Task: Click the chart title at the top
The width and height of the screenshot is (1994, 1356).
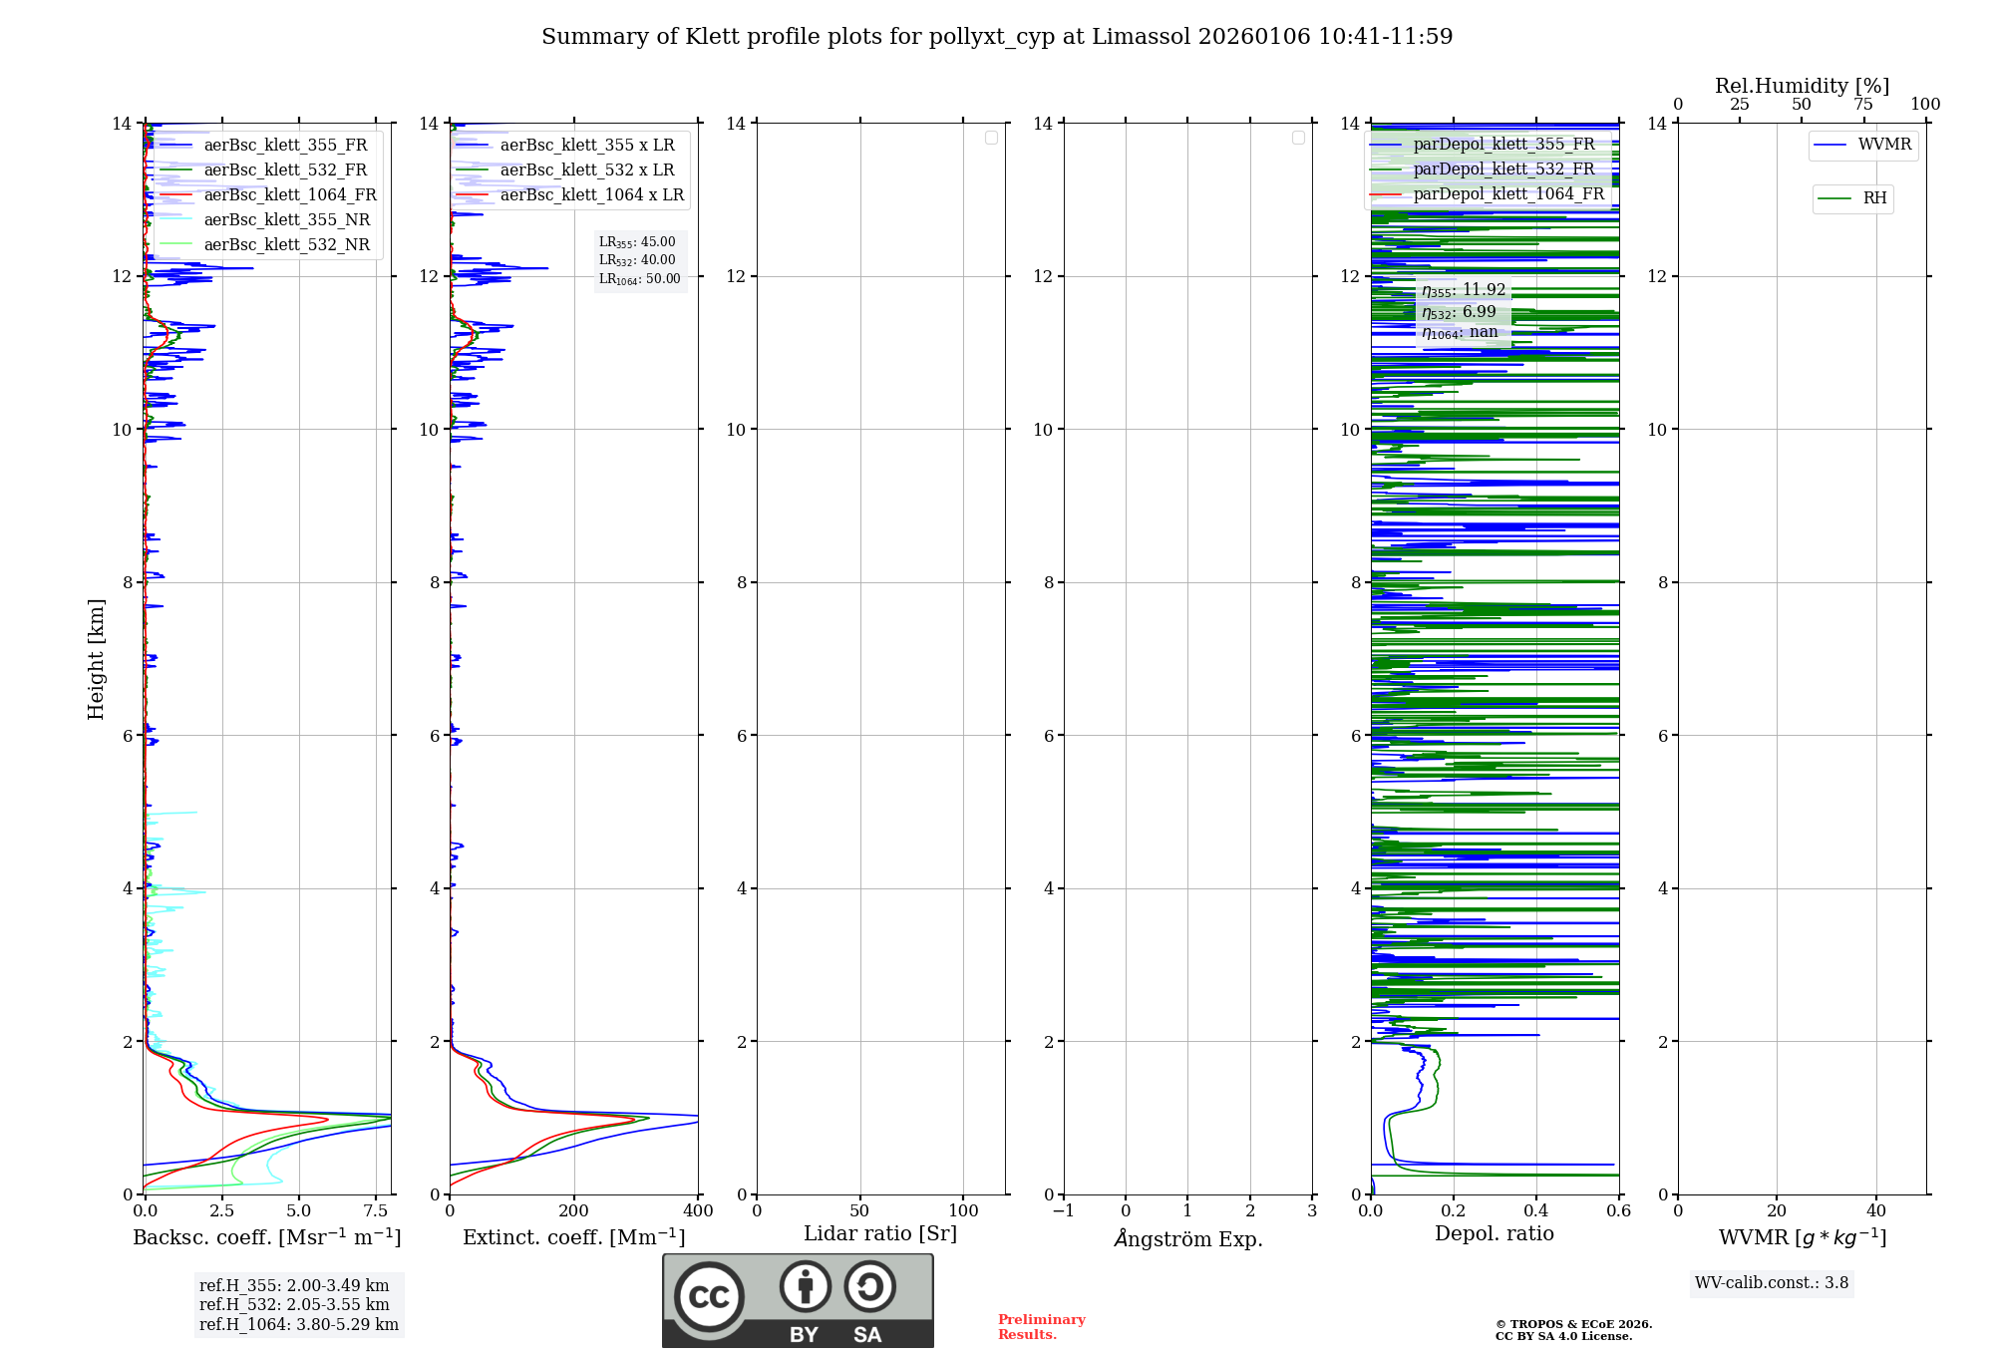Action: pos(997,37)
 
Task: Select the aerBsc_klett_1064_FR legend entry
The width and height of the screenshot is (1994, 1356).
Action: pos(289,195)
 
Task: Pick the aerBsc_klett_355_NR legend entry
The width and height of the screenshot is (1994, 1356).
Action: pos(286,220)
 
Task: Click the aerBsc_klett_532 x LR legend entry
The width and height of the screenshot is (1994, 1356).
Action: pos(586,170)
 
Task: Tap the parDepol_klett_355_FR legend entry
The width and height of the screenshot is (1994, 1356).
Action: pos(1502,145)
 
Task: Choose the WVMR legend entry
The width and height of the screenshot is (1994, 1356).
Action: pos(1883,145)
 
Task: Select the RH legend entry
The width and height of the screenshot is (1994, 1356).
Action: pos(1873,198)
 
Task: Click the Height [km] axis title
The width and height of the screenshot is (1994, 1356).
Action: pos(96,659)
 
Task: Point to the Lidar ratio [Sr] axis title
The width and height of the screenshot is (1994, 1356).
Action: pos(880,1234)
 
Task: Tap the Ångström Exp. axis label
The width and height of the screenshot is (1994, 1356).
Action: pos(1188,1239)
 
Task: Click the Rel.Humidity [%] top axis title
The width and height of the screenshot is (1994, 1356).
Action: pos(1802,87)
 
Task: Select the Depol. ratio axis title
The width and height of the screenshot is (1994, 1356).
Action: pos(1494,1234)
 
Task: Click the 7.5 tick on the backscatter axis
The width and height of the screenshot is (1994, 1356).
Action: pos(376,1211)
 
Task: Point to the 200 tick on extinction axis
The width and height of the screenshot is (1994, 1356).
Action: pos(574,1211)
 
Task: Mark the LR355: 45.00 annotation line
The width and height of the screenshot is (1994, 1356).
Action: pos(637,242)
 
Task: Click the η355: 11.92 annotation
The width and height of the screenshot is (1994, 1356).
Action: pos(1463,290)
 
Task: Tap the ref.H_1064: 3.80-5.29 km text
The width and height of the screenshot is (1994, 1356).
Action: pos(298,1325)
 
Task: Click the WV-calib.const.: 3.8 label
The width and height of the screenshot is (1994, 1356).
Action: pos(1771,1283)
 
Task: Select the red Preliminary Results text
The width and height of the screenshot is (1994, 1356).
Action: pos(1041,1327)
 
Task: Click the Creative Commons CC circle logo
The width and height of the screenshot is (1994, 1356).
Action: pos(709,1297)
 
